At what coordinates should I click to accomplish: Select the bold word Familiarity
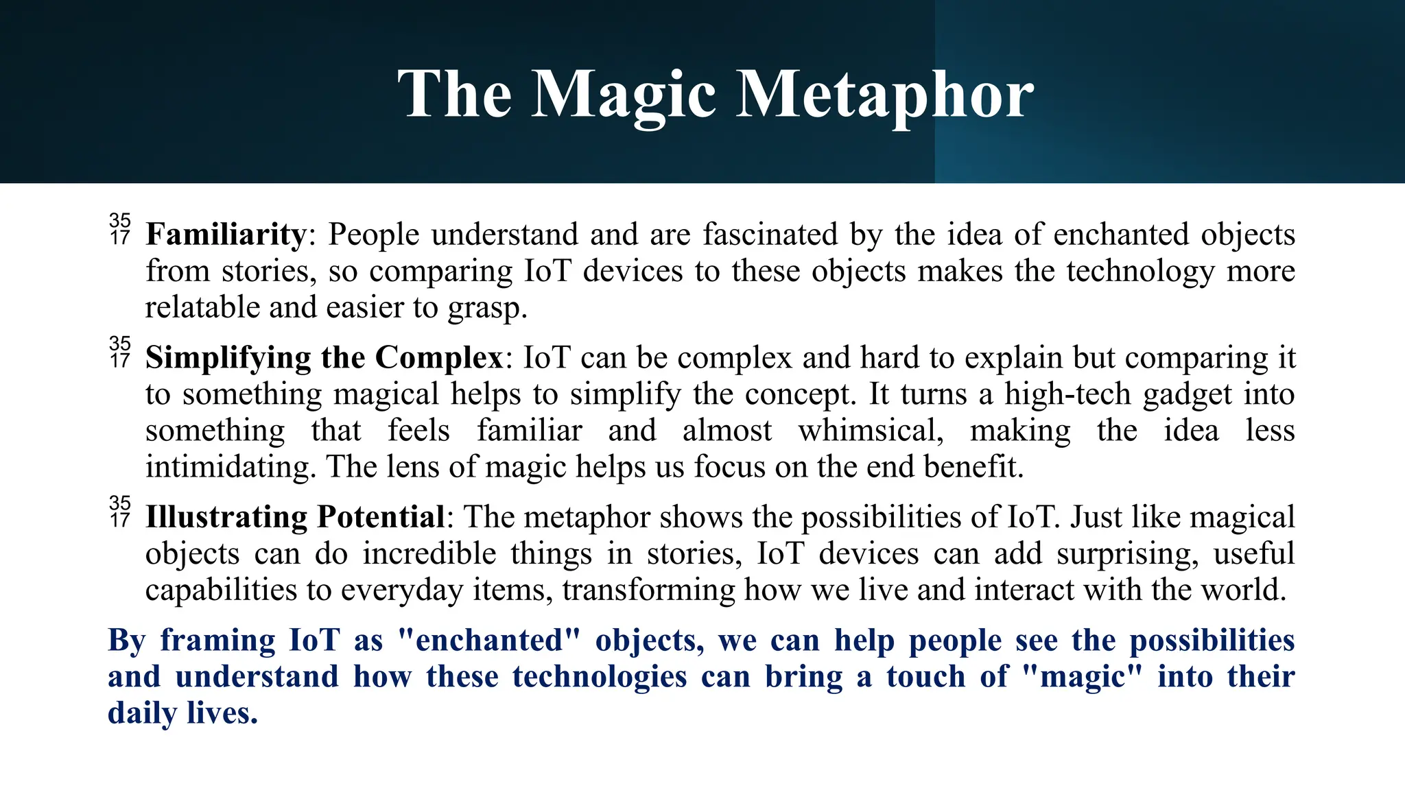(x=226, y=235)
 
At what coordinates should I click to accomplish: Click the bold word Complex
(x=439, y=358)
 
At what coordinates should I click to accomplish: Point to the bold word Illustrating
(x=226, y=517)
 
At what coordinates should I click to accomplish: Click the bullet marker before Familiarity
(x=119, y=229)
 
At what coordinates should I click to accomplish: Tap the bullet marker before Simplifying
(x=119, y=352)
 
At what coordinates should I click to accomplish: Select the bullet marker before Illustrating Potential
(x=119, y=512)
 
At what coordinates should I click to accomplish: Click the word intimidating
(x=231, y=467)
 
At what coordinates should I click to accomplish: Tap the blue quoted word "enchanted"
(x=489, y=640)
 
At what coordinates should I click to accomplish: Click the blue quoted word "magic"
(x=1082, y=677)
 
